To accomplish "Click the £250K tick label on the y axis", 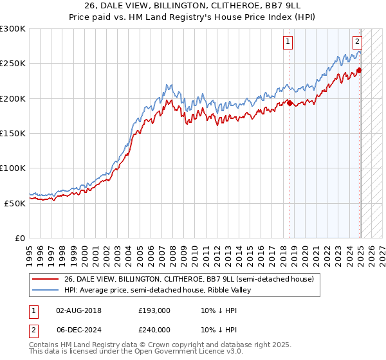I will [x=13, y=64].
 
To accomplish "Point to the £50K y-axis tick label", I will [x=15, y=203].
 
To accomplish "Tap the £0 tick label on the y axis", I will [x=20, y=238].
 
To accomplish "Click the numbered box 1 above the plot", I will [x=288, y=43].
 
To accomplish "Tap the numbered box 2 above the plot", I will [x=357, y=43].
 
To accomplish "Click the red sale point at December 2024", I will [x=359, y=71].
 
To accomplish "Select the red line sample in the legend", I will [x=46, y=279].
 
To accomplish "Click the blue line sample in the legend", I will [x=46, y=291].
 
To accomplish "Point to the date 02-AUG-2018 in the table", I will [x=79, y=310].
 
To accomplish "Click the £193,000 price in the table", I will [x=154, y=310].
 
